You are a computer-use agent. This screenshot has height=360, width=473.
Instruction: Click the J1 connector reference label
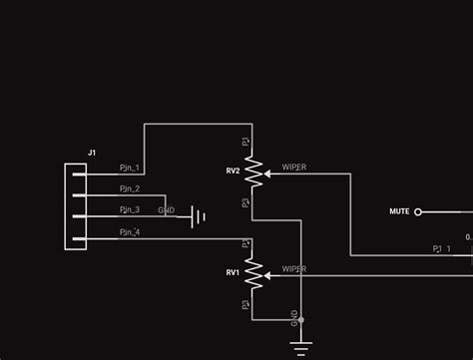pos(92,153)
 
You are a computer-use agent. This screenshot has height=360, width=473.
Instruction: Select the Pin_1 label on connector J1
pos(130,168)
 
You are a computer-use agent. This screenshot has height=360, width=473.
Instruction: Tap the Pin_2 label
pos(130,188)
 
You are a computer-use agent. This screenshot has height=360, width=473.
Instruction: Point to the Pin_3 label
pos(130,209)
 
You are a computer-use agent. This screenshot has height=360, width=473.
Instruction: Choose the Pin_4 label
pos(130,231)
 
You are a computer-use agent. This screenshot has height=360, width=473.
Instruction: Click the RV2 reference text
pos(233,172)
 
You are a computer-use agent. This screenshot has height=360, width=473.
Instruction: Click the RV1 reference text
pos(233,272)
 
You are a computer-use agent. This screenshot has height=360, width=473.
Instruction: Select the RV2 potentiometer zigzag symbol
pos(253,173)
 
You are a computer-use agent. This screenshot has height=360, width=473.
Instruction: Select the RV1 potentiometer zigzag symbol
pos(253,272)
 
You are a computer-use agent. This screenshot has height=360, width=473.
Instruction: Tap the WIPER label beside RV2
pos(294,168)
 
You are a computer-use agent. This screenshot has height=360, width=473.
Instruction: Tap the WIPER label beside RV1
pos(294,268)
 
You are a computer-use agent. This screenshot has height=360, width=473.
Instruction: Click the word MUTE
pos(399,211)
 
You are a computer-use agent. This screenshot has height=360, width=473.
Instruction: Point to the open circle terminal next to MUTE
pos(418,211)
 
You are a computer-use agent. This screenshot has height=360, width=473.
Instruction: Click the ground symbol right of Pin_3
pos(200,216)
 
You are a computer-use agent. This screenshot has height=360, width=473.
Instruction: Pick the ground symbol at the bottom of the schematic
pos(300,346)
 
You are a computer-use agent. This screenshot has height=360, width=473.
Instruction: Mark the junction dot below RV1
pos(300,320)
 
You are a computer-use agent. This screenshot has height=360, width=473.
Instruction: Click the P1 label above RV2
pos(245,143)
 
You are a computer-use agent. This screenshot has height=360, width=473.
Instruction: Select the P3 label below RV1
pos(245,304)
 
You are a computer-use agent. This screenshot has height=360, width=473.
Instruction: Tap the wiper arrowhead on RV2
pos(267,174)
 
